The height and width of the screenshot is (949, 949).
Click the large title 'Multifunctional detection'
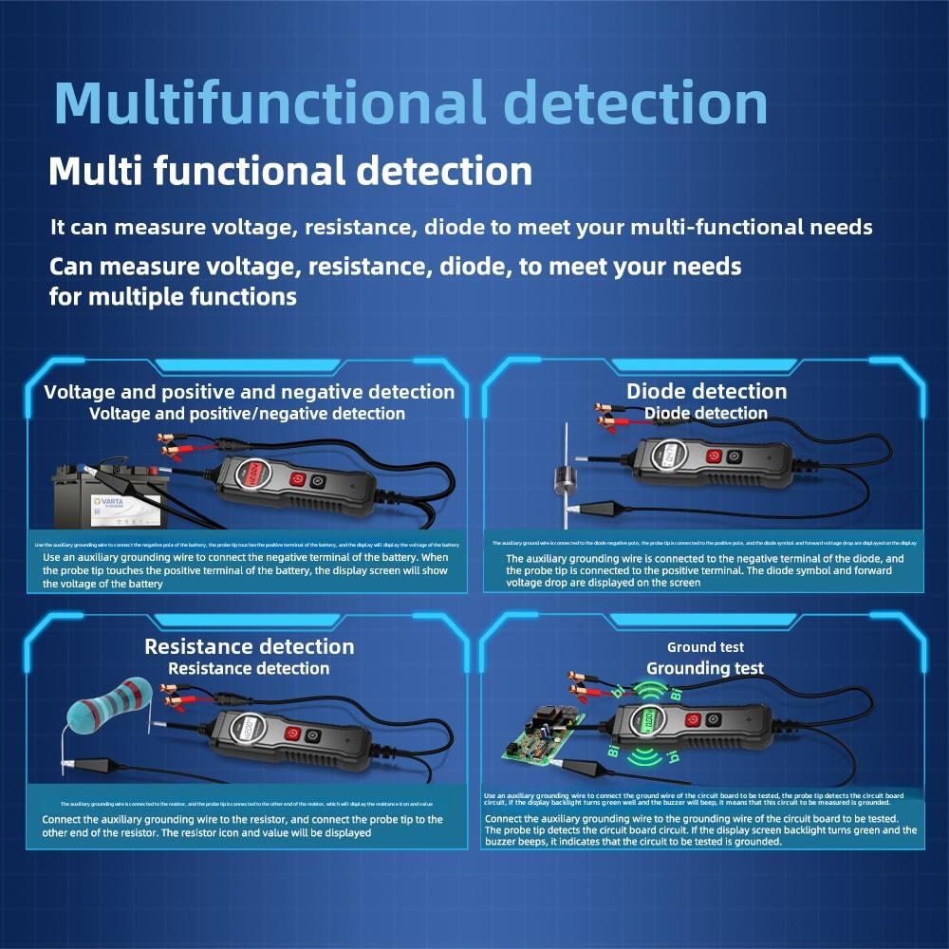click(410, 102)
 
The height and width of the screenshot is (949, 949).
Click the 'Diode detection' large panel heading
click(706, 391)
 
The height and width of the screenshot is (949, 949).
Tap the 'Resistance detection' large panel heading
click(249, 646)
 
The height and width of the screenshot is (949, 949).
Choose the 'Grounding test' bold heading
click(705, 668)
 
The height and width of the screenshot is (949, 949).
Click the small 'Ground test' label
click(705, 647)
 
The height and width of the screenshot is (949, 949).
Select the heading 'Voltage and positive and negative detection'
click(250, 391)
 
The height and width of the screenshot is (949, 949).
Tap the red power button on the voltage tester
click(298, 480)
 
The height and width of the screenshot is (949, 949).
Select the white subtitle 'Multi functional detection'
click(290, 172)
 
